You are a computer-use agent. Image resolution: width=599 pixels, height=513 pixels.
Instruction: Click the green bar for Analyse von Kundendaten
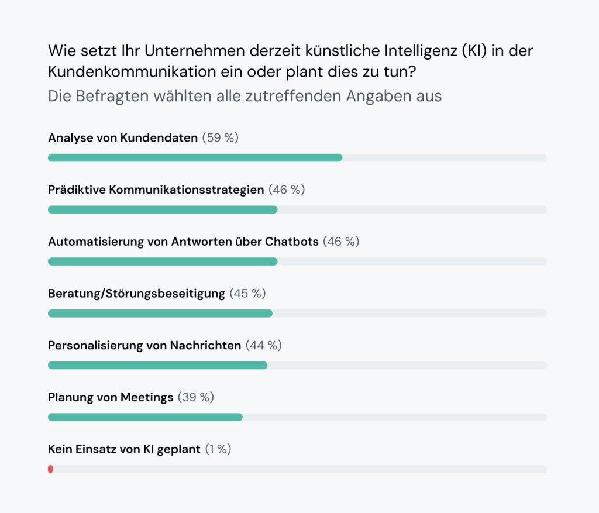tap(195, 158)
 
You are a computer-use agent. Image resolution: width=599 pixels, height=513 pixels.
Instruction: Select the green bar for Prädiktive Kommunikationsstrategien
tap(163, 209)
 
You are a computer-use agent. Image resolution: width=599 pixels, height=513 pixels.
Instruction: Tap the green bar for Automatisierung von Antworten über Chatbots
tap(163, 261)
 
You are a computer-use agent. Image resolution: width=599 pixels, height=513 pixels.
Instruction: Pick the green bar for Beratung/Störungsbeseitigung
tap(160, 314)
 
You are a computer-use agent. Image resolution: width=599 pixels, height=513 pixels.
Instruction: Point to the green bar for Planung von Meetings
tap(145, 417)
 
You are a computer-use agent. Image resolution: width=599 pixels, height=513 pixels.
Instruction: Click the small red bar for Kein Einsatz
tap(50, 469)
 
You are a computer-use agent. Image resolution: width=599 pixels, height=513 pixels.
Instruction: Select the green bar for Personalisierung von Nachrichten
tap(157, 365)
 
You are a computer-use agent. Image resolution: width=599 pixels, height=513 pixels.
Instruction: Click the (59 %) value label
tap(221, 138)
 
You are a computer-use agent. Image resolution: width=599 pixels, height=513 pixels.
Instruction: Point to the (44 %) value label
tap(263, 345)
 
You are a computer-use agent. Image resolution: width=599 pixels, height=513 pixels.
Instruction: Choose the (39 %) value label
tap(195, 397)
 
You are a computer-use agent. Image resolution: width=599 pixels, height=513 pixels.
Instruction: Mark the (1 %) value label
tap(218, 449)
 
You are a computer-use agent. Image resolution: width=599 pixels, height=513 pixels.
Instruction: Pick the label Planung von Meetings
tap(111, 397)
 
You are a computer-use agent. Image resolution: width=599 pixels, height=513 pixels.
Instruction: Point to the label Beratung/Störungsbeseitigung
tap(136, 293)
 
